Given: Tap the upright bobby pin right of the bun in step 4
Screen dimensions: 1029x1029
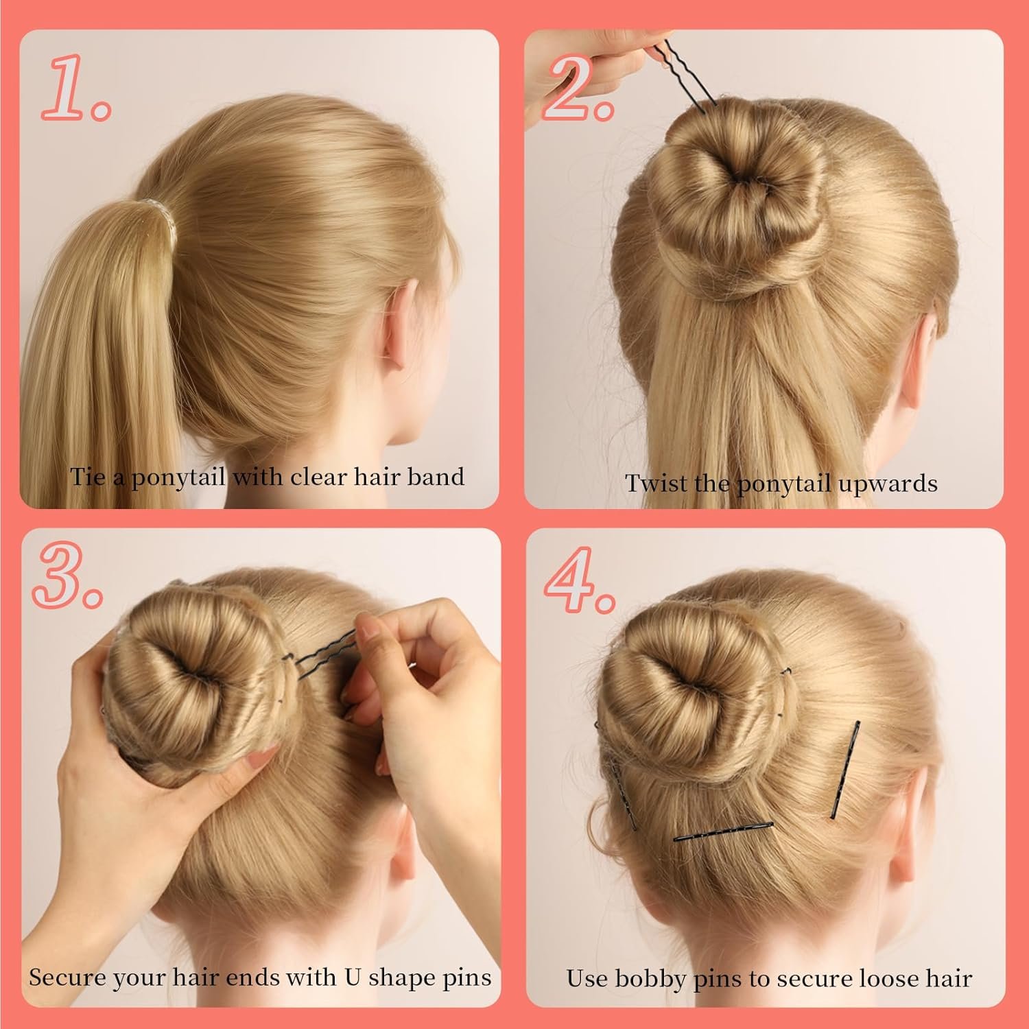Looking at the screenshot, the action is tap(845, 769).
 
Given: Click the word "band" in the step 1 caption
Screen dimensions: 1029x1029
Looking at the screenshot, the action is tap(435, 476).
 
